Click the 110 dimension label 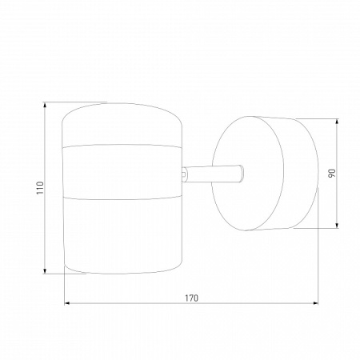(x=40, y=188)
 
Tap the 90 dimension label (x=332, y=174)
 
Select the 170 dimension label (x=192, y=298)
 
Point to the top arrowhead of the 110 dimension (x=45, y=105)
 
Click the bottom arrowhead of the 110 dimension (x=45, y=271)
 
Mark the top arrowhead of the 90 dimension (x=337, y=122)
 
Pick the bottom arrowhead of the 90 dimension (x=337, y=226)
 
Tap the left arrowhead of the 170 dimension (x=67, y=303)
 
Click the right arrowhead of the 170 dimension (x=315, y=303)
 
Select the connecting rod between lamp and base (x=214, y=174)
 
